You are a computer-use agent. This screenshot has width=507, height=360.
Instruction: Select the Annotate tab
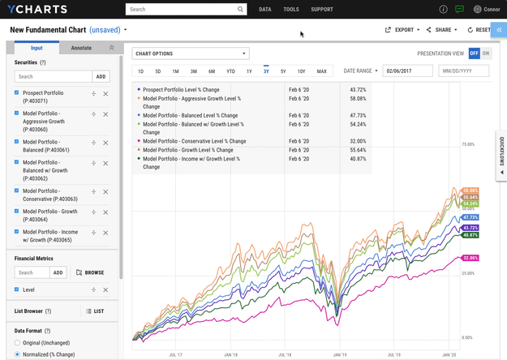point(81,48)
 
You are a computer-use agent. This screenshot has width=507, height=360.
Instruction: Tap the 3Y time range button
point(266,71)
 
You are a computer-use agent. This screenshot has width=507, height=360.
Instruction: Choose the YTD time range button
point(230,71)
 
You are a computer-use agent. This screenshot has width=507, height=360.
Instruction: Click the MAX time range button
point(321,71)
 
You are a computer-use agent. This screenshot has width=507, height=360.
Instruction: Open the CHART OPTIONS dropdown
point(190,54)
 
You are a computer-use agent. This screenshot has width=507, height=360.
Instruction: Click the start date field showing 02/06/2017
point(407,71)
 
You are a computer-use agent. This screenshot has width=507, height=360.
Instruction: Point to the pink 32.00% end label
point(470,257)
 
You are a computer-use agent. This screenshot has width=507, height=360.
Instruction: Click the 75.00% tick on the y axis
point(467,144)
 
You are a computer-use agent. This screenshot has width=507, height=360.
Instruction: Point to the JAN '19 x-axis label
point(337,354)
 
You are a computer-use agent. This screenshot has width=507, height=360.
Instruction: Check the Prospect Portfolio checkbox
point(17,93)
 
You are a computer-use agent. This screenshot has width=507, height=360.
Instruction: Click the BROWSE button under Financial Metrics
point(90,273)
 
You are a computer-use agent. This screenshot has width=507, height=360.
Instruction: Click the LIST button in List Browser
point(94,311)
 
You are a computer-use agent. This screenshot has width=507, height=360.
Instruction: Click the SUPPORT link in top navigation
point(321,10)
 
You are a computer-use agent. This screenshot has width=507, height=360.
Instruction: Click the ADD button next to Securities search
point(101,76)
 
